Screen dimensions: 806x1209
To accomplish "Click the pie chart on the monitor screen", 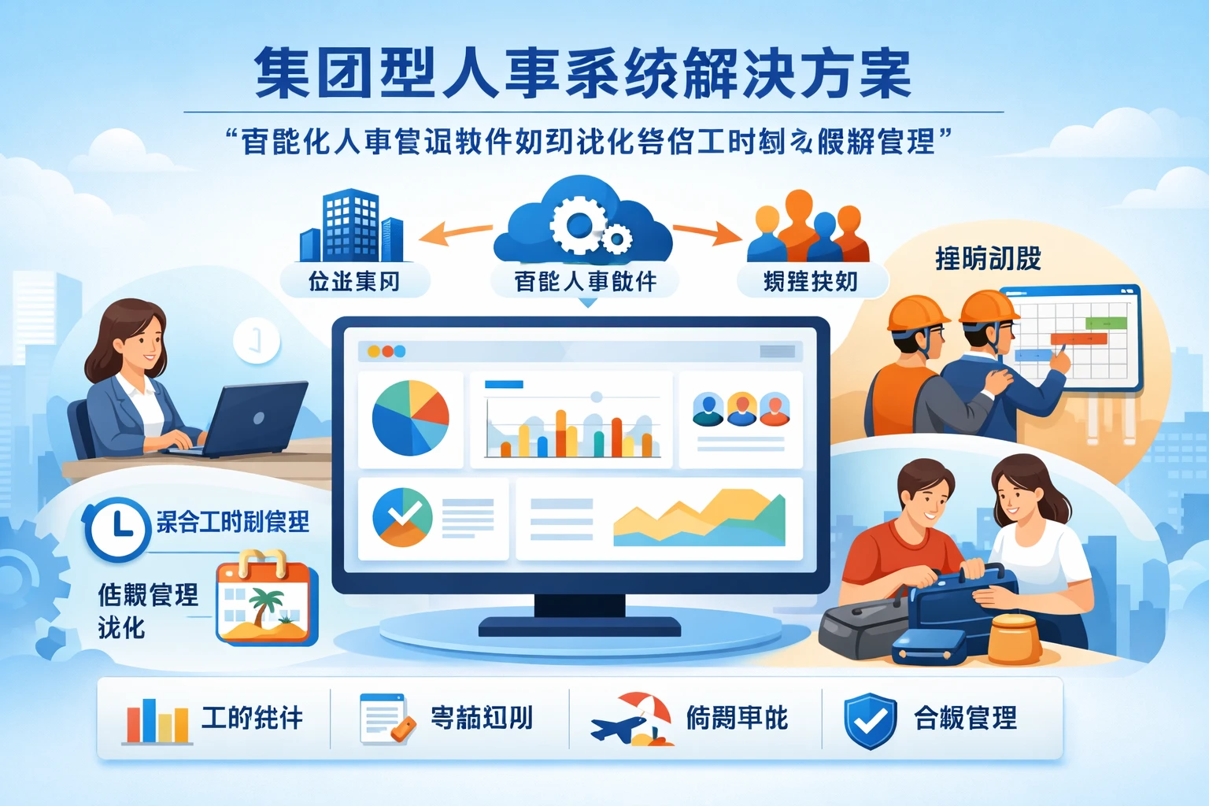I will point(410,418).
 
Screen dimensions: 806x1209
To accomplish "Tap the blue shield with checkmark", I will point(870,719).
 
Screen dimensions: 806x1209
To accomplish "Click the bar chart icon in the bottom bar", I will point(157,719).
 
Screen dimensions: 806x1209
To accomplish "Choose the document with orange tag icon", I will point(386,718).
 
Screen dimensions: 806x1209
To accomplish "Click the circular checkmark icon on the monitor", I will point(402,517).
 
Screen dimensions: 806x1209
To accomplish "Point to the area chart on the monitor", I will point(699,519).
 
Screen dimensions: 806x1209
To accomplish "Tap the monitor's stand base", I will point(579,627).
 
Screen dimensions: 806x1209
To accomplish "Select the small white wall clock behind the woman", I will point(257,341).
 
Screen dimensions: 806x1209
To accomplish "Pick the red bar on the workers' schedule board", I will point(1078,339).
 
